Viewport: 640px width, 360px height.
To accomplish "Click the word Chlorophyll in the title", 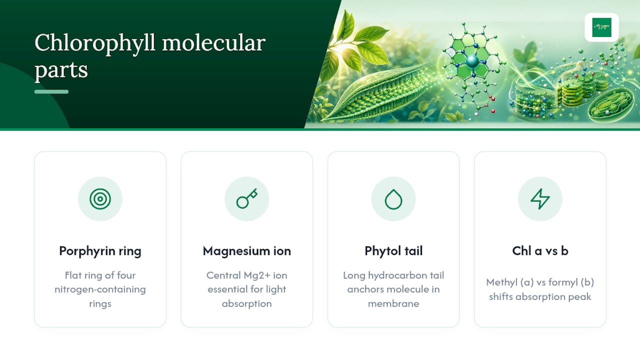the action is [95, 43].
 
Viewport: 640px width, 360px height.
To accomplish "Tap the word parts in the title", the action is [61, 70].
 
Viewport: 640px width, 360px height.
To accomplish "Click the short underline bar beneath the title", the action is [51, 91].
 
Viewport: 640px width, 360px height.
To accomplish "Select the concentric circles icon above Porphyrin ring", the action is [100, 199].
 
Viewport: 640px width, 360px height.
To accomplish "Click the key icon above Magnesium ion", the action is [247, 198].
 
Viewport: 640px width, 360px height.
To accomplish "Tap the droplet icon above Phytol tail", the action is [393, 199].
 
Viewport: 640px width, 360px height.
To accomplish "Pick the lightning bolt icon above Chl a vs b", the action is [540, 199].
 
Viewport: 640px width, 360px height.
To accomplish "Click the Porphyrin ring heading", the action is [100, 251].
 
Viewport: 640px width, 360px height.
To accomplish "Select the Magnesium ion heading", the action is [247, 251].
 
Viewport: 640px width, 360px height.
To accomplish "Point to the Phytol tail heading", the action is [393, 251].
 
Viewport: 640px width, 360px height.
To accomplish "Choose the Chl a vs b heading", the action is [540, 251].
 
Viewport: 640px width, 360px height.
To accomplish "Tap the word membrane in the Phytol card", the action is [393, 303].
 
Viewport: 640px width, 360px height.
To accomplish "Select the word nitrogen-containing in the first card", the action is [100, 289].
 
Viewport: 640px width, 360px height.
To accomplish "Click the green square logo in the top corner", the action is [601, 27].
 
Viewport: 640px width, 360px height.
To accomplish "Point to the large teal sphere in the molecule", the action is [472, 61].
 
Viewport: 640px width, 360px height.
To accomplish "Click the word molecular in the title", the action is [214, 43].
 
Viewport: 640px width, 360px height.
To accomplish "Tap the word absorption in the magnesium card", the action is [247, 303].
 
